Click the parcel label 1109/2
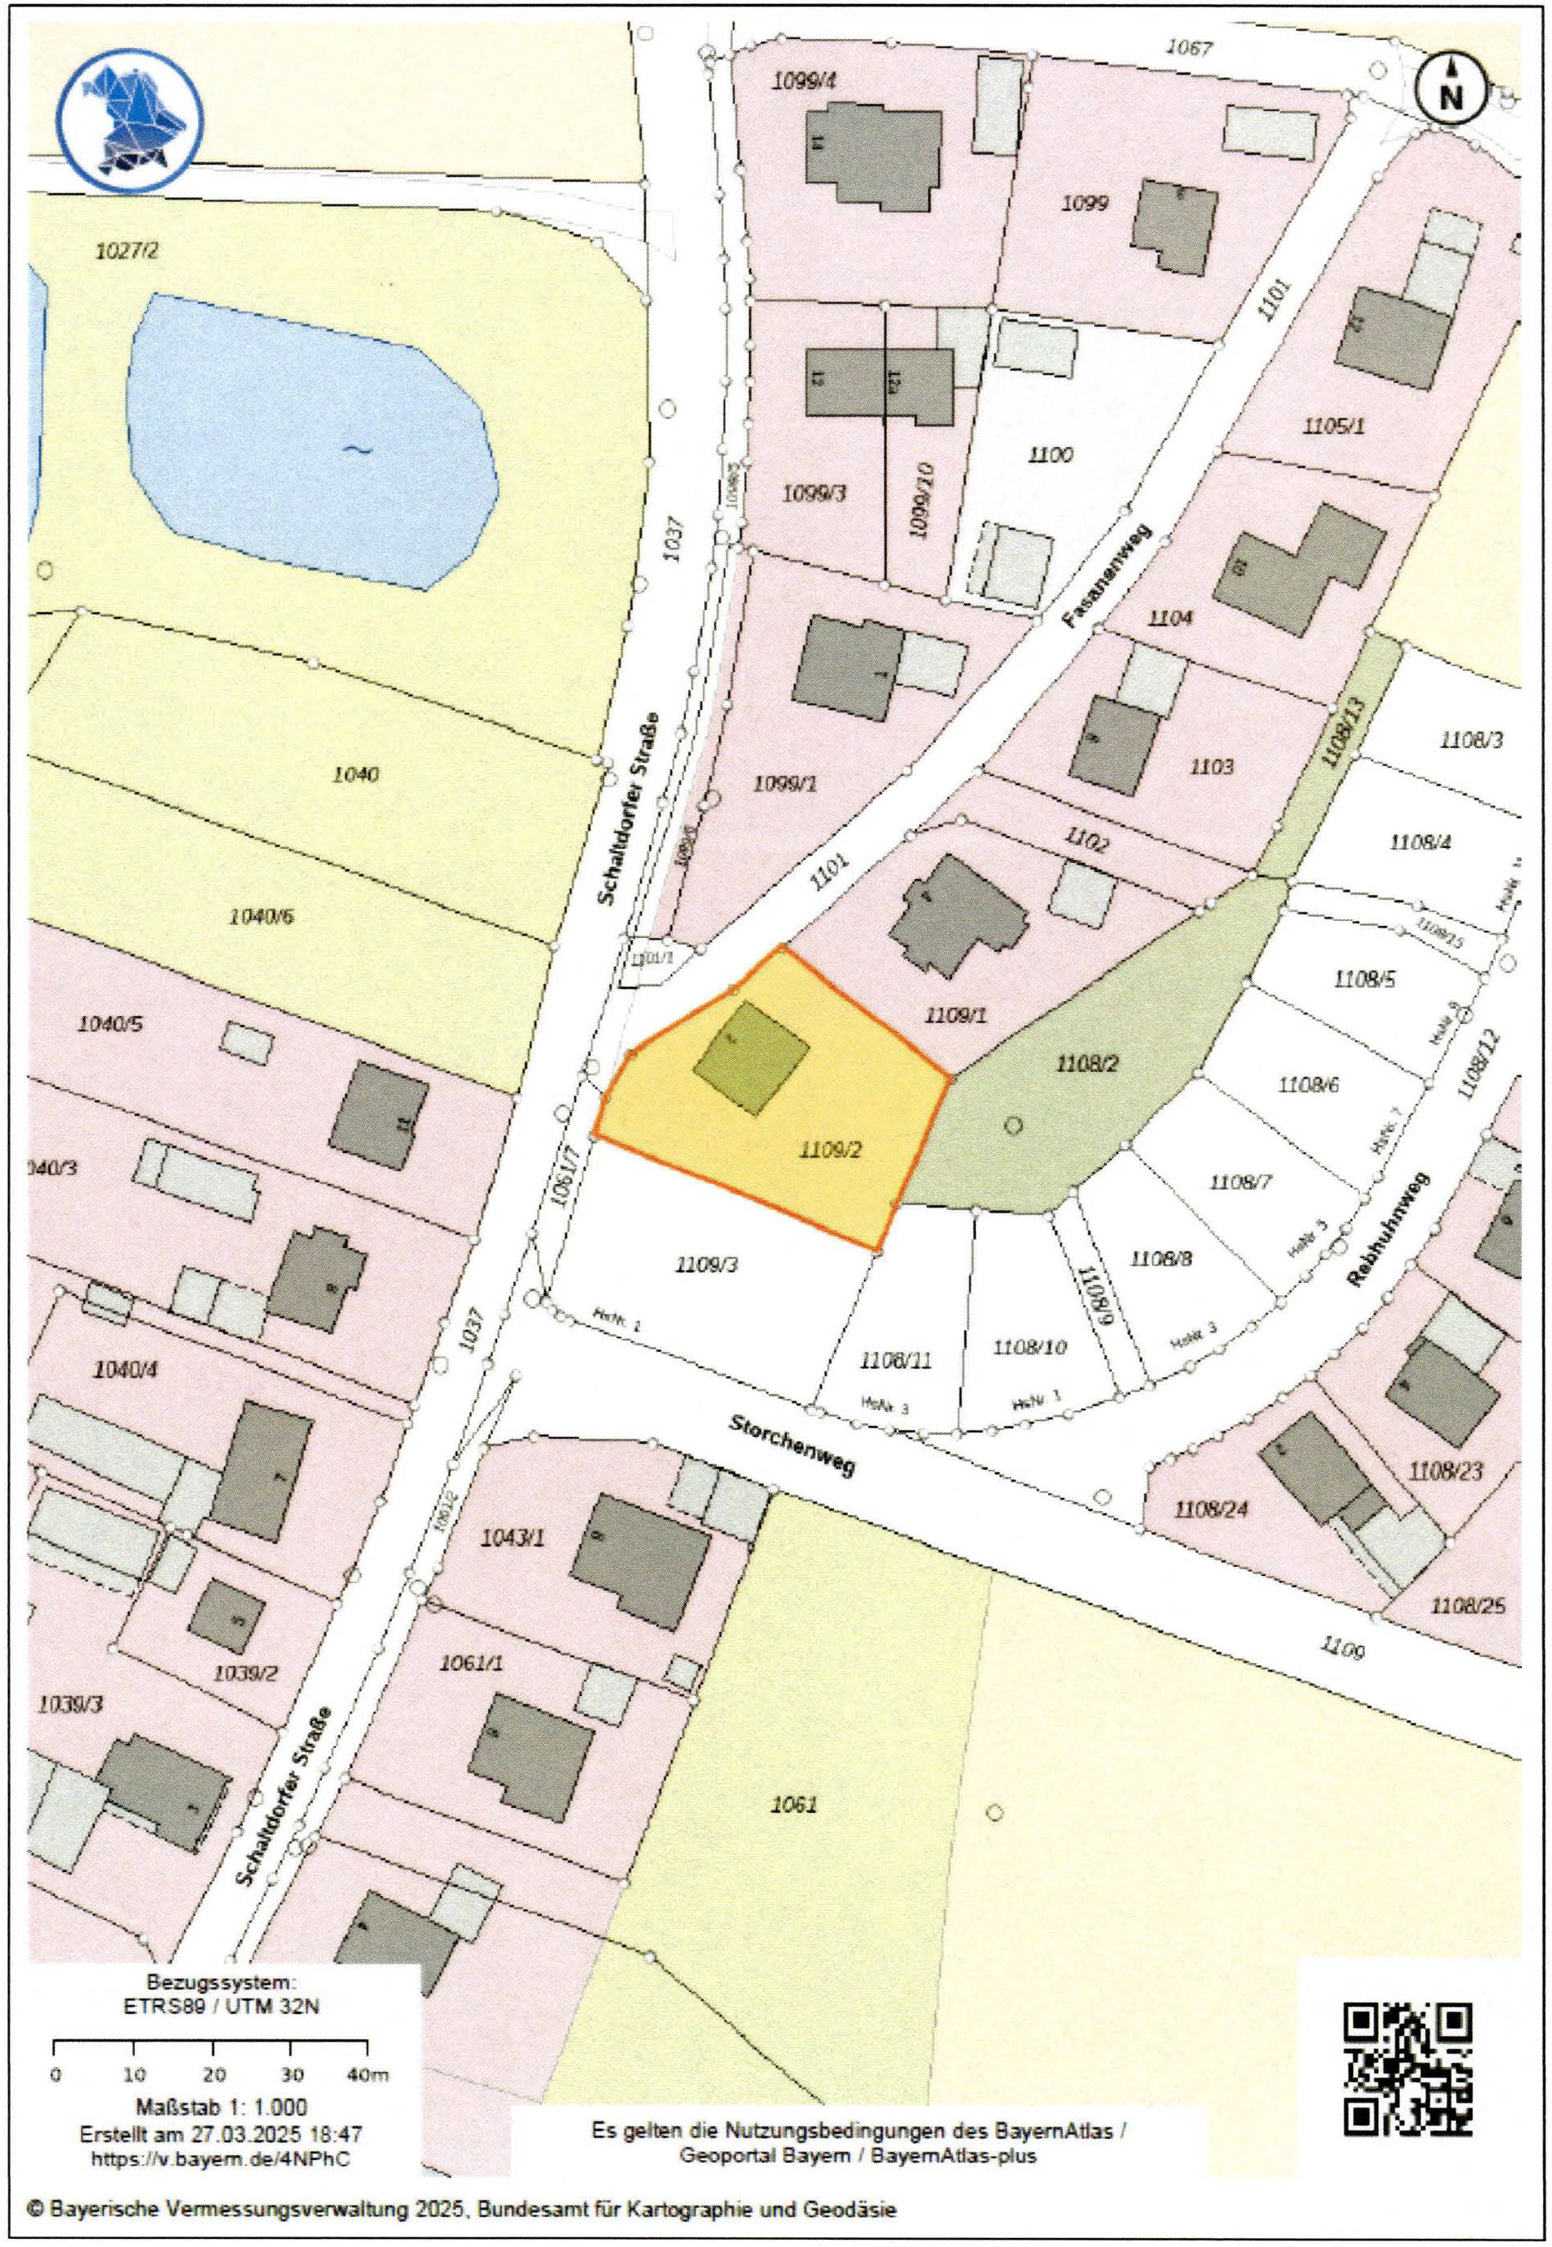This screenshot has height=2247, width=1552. pos(831,1151)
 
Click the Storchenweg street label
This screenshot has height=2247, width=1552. pos(792,1444)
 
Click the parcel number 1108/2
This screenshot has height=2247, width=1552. pos(1087,1064)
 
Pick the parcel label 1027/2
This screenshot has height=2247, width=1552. pos(127,251)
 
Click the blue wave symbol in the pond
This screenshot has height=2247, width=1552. pos(357,450)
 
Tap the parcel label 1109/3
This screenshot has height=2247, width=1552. pos(706,1264)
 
